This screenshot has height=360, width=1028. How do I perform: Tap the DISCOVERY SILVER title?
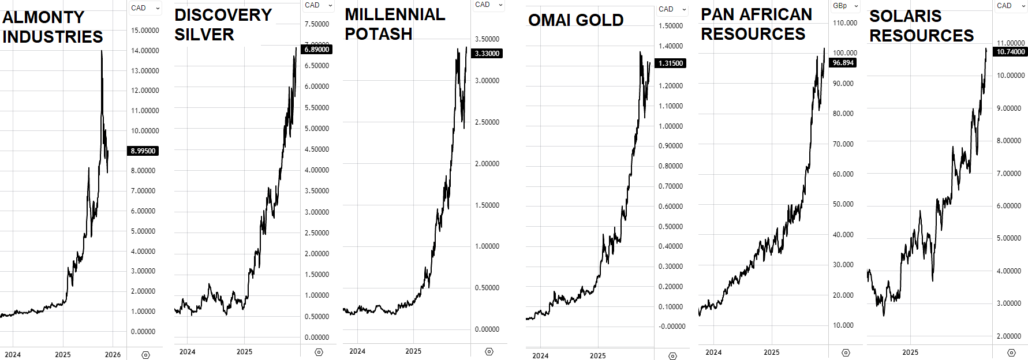223,25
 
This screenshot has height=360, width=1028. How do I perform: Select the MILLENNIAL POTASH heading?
395,24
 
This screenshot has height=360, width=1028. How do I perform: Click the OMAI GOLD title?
575,20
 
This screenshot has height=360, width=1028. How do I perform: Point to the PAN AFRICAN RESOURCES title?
756,24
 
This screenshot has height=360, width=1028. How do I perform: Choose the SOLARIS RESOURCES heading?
921,26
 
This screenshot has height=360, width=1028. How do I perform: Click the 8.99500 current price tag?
143,151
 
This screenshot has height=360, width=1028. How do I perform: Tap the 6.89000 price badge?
317,50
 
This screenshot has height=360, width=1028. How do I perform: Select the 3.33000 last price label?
487,54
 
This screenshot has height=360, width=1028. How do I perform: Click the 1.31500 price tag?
670,63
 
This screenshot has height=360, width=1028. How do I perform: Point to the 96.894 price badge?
843,63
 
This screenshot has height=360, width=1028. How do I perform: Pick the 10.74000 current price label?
1011,52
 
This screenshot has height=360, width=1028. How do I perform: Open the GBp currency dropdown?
845,6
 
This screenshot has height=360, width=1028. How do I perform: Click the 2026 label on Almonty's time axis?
113,354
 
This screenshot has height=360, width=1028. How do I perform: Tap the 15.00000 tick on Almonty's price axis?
144,31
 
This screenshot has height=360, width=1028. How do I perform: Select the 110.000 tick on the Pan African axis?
844,23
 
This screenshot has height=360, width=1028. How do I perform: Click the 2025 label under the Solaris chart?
910,352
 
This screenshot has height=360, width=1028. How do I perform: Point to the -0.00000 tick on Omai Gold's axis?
672,327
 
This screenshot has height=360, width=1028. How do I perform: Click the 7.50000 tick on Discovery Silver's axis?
317,24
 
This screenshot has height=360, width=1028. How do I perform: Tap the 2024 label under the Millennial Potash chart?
357,351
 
